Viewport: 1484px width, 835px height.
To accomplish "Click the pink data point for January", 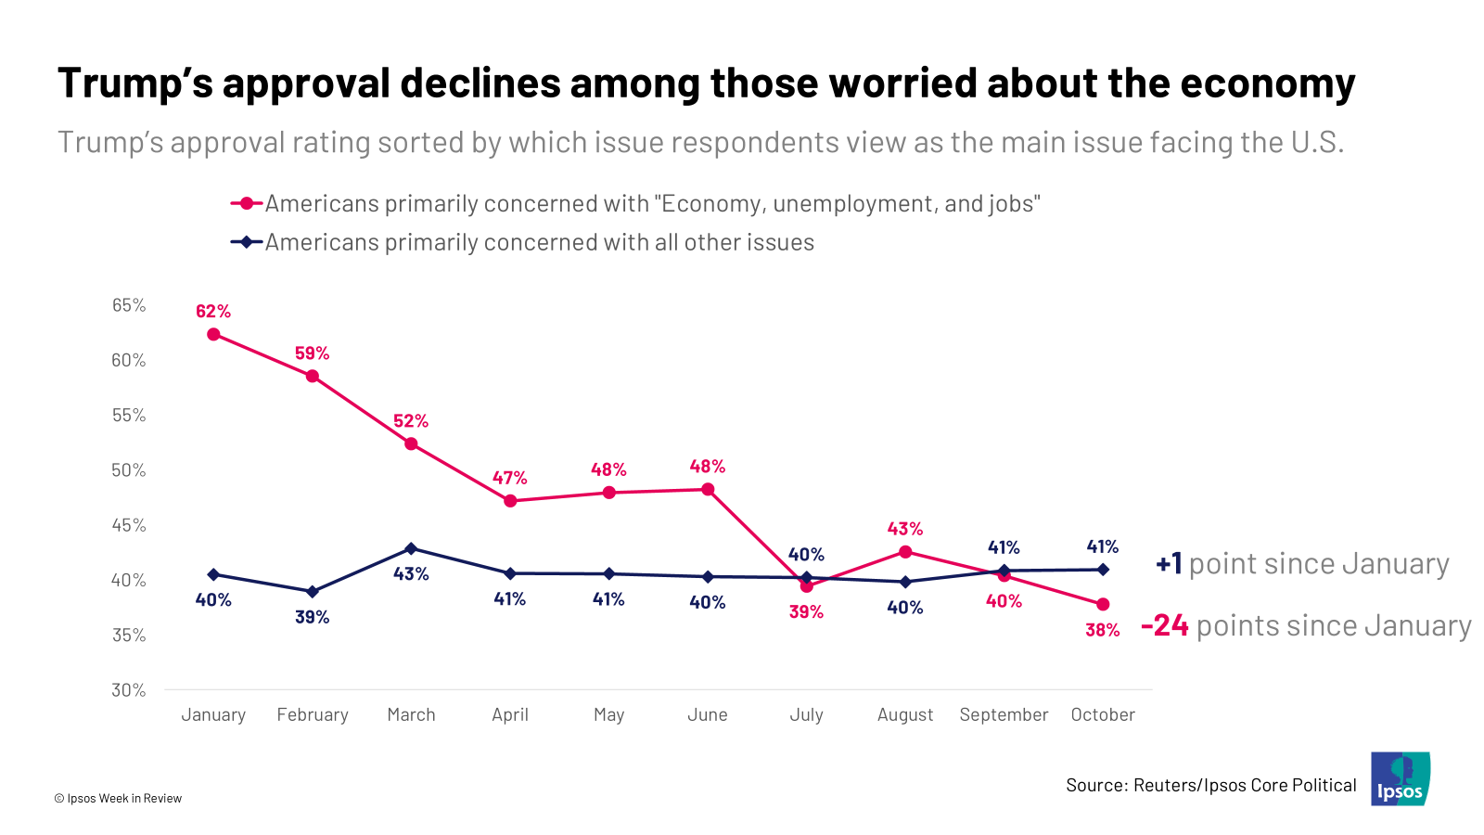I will [213, 334].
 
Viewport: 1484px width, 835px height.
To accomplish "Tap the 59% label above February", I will [313, 353].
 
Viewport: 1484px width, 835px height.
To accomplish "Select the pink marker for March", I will [411, 443].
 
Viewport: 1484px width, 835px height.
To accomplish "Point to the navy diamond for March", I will [411, 548].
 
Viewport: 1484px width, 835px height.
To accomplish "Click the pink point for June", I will [708, 489].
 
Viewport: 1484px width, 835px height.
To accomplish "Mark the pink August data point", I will [905, 552].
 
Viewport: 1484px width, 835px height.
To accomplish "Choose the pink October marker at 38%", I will [1103, 604].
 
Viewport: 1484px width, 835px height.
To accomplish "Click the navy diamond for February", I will [313, 591].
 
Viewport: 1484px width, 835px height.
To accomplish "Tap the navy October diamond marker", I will [1103, 570].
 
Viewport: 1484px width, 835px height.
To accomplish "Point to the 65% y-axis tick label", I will [129, 305].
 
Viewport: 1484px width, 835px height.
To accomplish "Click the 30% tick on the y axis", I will [129, 690].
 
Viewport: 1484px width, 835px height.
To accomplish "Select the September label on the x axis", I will [1004, 714].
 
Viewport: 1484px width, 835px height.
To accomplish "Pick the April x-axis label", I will [510, 714].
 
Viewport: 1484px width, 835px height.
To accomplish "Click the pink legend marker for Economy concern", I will [247, 203].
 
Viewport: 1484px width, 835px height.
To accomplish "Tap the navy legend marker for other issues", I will [247, 242].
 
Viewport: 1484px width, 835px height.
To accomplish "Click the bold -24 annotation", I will [1165, 625].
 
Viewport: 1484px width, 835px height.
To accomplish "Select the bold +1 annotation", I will [1169, 563].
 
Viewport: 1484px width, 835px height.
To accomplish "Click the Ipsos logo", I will [1401, 778].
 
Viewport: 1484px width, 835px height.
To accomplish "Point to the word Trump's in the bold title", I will [134, 83].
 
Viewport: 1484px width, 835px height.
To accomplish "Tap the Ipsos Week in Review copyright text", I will [118, 798].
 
